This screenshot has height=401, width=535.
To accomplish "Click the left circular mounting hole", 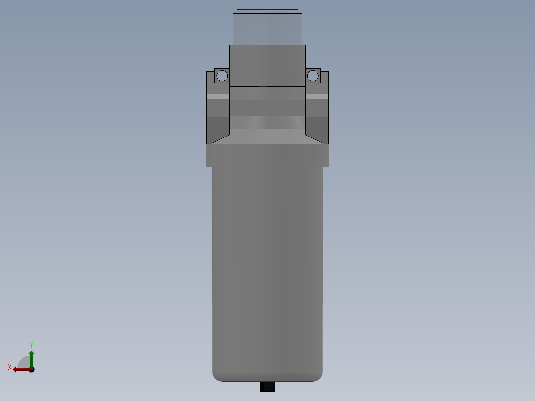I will click(x=222, y=76).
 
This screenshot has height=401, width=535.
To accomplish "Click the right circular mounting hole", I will click(x=312, y=76).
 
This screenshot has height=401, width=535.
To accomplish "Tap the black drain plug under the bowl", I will click(x=267, y=387).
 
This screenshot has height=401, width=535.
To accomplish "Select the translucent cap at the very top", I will click(x=267, y=27).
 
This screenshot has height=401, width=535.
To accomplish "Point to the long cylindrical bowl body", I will click(x=267, y=268).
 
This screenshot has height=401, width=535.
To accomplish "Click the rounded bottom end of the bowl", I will click(x=267, y=377).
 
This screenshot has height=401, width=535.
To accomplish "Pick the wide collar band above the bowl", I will click(x=267, y=156).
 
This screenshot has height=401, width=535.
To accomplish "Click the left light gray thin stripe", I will click(x=218, y=96).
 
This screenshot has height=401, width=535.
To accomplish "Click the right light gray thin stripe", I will click(x=317, y=96).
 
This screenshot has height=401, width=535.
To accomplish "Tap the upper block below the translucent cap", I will click(x=267, y=60).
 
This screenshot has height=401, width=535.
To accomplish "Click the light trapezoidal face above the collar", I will click(x=267, y=136).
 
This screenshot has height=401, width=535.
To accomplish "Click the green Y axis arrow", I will click(x=31, y=357).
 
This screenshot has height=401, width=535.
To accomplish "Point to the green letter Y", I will click(x=31, y=344).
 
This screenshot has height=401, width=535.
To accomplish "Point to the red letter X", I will click(x=10, y=367).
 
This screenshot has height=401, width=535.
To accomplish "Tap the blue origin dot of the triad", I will click(x=32, y=370).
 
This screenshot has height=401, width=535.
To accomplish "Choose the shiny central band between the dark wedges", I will click(x=267, y=123).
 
